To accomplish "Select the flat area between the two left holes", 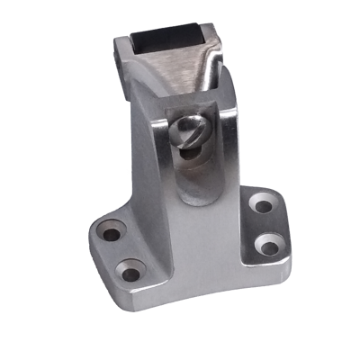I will (x=121, y=250).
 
